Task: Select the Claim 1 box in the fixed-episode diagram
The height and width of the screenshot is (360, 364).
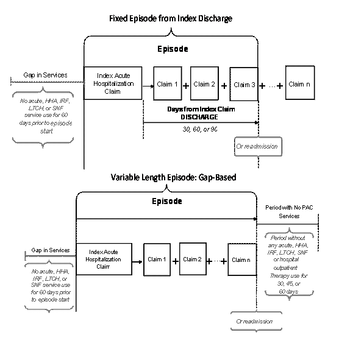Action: click(x=167, y=83)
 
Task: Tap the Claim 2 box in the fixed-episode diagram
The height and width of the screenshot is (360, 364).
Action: click(x=204, y=83)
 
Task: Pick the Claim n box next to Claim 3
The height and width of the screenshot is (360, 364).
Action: click(x=299, y=83)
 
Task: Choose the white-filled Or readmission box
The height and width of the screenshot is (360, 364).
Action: click(x=257, y=147)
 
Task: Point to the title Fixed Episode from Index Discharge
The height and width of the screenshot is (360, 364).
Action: click(x=171, y=19)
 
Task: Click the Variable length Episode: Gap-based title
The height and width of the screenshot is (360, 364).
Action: click(x=174, y=177)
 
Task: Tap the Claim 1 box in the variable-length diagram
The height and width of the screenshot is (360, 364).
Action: click(x=157, y=259)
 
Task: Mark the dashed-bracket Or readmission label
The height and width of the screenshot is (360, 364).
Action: click(x=254, y=321)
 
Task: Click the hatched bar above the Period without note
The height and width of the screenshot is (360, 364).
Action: click(x=285, y=224)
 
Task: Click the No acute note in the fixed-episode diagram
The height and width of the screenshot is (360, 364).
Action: click(x=42, y=116)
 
